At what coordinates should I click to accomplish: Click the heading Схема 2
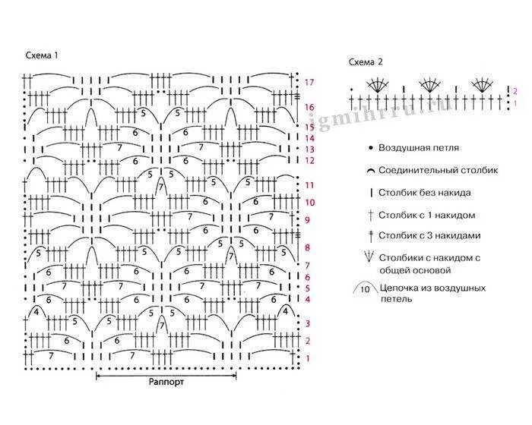click(x=366, y=62)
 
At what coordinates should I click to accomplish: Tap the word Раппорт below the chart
click(x=166, y=382)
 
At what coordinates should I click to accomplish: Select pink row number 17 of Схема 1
click(x=309, y=82)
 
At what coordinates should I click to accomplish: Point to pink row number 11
click(x=309, y=185)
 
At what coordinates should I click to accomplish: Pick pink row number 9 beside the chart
click(x=308, y=220)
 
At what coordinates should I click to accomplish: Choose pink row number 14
click(x=309, y=138)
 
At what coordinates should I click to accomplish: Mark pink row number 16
click(x=309, y=108)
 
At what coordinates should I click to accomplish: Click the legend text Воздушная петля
click(x=417, y=148)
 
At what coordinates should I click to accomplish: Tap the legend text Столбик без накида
click(x=424, y=193)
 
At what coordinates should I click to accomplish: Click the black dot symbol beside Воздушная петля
click(x=369, y=148)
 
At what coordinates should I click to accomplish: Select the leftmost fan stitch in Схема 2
click(x=375, y=86)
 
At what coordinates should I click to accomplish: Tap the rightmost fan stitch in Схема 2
click(x=481, y=86)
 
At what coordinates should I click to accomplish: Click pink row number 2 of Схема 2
click(x=515, y=90)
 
